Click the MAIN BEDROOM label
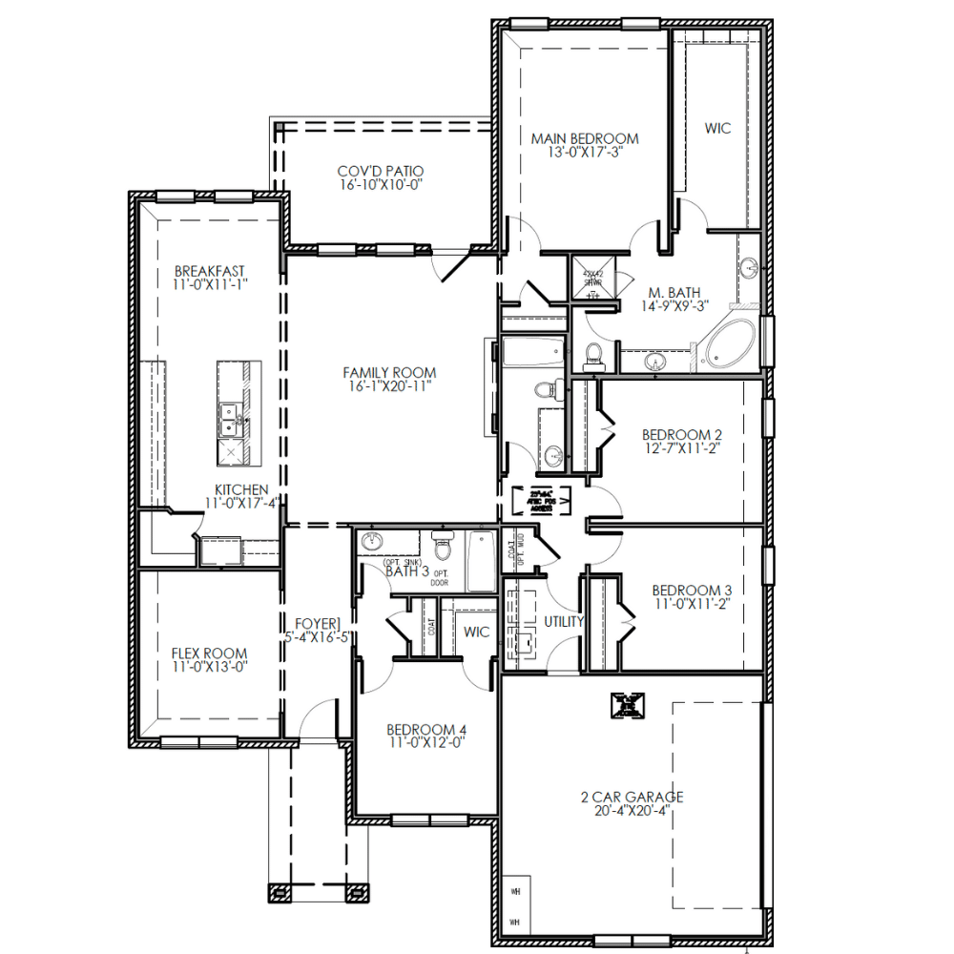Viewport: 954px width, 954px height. pyautogui.click(x=585, y=138)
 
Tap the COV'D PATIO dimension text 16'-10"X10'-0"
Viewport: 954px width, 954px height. pyautogui.click(x=380, y=186)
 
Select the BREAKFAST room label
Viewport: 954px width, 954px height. pyautogui.click(x=210, y=270)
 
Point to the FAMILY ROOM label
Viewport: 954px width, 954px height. pyautogui.click(x=389, y=373)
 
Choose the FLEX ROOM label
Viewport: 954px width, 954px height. pyautogui.click(x=209, y=653)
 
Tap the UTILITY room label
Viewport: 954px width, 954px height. pyautogui.click(x=563, y=621)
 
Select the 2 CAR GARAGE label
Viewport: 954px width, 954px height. pyautogui.click(x=632, y=797)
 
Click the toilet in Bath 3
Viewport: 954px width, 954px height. pyautogui.click(x=440, y=548)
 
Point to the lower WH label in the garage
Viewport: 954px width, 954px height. pyautogui.click(x=515, y=923)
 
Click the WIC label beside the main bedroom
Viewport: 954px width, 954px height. pyautogui.click(x=717, y=128)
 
